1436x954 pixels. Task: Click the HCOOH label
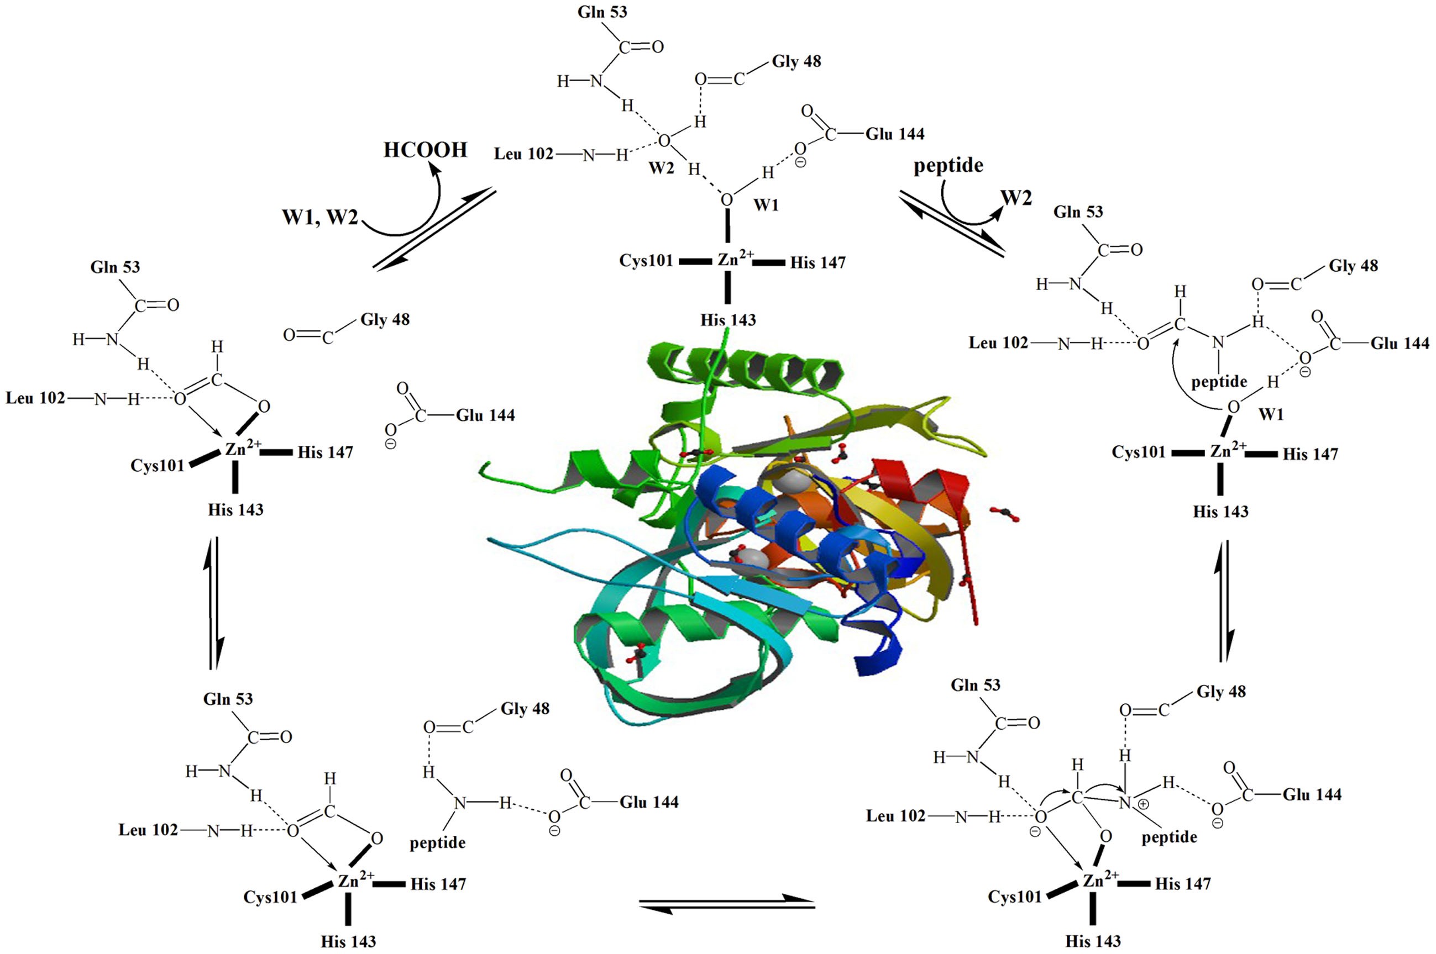[425, 150]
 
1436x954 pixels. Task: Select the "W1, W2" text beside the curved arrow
[319, 217]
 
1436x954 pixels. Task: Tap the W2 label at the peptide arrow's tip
[1016, 198]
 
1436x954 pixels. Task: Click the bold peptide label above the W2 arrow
[948, 166]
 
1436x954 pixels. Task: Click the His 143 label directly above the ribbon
[728, 320]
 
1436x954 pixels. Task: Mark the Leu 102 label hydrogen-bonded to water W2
[523, 154]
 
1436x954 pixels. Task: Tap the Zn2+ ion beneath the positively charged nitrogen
[1100, 880]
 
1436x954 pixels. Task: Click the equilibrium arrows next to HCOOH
[434, 228]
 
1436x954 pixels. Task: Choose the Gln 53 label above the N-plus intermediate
[975, 685]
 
